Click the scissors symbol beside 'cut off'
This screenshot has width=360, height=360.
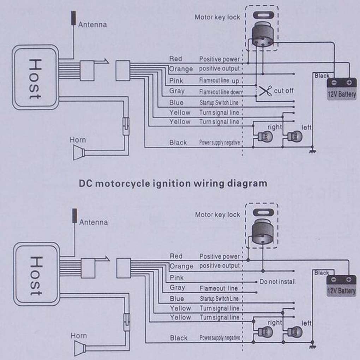tap(265, 91)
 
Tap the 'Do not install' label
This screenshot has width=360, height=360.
tap(277, 282)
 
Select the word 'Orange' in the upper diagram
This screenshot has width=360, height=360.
tap(181, 69)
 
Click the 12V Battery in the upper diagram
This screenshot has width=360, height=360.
tap(342, 89)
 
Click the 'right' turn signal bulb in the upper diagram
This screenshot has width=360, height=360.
tap(265, 137)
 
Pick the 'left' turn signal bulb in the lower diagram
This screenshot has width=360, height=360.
tap(295, 332)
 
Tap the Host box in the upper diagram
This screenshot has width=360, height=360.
tap(36, 77)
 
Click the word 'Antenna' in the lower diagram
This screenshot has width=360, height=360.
tap(94, 222)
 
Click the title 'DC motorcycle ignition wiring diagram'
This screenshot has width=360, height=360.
tap(173, 184)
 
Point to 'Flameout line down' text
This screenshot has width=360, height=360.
tap(221, 92)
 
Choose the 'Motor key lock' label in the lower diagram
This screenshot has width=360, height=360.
tap(217, 215)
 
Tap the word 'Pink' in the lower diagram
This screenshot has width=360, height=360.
tap(176, 278)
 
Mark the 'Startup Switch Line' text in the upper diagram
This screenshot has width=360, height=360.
tap(219, 103)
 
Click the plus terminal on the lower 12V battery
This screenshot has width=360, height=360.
tap(349, 280)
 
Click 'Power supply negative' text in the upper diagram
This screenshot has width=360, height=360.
tap(220, 143)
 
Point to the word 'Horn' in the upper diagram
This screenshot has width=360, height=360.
tap(78, 140)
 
